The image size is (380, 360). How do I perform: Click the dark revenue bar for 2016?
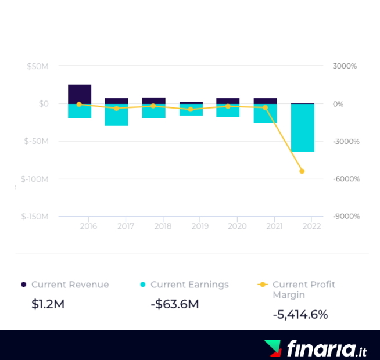coord(80,94)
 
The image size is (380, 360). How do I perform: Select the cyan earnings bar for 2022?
coord(303,128)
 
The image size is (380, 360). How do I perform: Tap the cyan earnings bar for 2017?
coord(116,115)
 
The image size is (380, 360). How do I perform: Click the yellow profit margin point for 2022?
coord(302,171)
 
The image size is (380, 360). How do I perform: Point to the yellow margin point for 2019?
coord(191,109)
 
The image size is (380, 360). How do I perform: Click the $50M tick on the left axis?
coord(37,66)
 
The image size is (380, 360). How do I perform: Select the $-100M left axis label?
coord(35,179)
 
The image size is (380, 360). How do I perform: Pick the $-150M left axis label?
coord(35,216)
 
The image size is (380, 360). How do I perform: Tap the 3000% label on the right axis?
coord(345,66)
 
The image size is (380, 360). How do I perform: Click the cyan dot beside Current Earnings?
coord(143,285)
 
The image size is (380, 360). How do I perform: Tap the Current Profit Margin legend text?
coord(304,289)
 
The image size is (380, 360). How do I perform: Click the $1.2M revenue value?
coord(48,304)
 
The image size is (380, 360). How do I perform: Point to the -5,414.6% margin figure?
coord(300,315)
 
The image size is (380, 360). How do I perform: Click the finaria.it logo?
coord(316,349)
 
